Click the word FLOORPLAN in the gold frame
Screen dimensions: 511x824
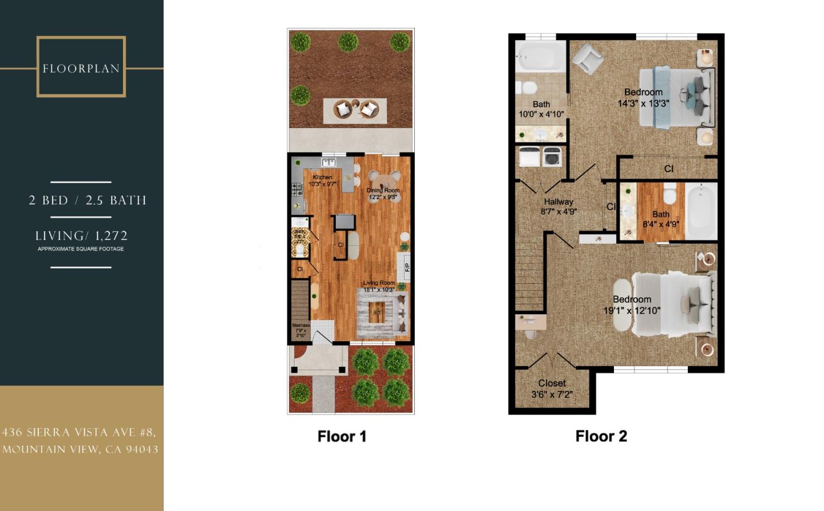click(x=81, y=69)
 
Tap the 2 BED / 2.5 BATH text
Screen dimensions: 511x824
click(x=88, y=200)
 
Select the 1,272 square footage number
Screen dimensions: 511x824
click(x=112, y=236)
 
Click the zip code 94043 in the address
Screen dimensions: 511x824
click(x=142, y=449)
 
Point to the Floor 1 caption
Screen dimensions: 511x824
click(x=342, y=437)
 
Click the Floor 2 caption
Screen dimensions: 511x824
click(x=601, y=436)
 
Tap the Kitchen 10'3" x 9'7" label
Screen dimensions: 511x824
click(x=323, y=181)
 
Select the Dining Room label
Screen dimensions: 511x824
click(x=383, y=193)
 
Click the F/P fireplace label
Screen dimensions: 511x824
click(x=407, y=267)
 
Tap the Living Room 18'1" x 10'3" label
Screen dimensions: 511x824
click(x=379, y=286)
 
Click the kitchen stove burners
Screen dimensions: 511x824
click(x=297, y=189)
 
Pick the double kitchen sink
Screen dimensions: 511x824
click(x=328, y=163)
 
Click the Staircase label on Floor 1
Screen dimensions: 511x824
click(x=301, y=330)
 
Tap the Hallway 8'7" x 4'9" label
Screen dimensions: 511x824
click(x=558, y=206)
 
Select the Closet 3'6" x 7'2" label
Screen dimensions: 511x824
click(x=552, y=389)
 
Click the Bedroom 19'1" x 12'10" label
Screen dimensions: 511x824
click(x=632, y=305)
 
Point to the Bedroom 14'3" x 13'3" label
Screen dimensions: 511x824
click(x=643, y=97)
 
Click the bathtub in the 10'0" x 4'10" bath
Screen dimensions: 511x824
click(x=540, y=57)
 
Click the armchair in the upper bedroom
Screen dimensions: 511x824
click(x=588, y=58)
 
